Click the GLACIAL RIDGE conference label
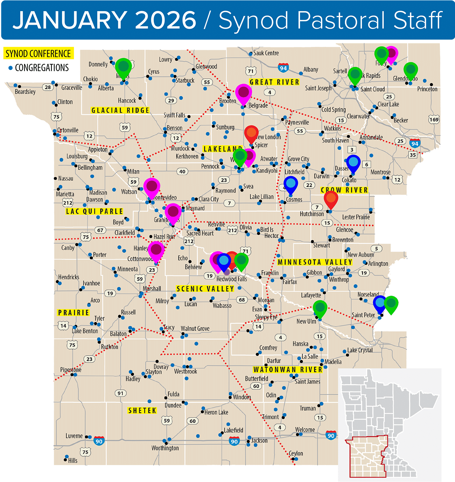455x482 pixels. point(120,110)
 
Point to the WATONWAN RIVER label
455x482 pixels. point(288,369)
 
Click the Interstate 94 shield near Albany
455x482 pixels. point(283,68)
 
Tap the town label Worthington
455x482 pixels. point(165,448)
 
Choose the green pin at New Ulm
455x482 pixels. point(320,308)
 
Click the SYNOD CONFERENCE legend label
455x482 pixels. point(38,53)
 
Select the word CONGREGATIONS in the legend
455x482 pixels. point(42,67)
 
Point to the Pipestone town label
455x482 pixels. point(71,369)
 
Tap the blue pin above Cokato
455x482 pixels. point(353,163)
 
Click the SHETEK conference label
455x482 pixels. point(142,410)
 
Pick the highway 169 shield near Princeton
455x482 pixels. point(434,120)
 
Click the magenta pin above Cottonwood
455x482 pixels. point(156,250)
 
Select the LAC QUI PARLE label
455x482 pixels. point(94,211)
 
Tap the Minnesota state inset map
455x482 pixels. point(390,425)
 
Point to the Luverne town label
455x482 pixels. point(74,436)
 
